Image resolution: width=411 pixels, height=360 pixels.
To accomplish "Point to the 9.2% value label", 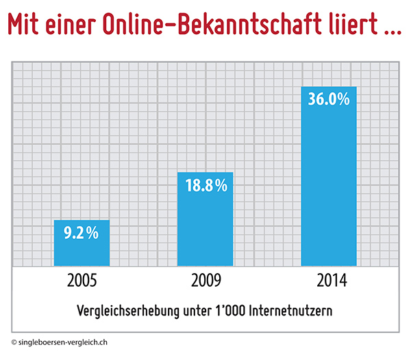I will click(82, 233).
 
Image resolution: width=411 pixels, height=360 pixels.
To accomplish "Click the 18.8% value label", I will click(205, 185).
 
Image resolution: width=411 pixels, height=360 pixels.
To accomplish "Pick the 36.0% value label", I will click(329, 99).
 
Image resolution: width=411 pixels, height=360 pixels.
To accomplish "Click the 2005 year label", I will click(82, 281).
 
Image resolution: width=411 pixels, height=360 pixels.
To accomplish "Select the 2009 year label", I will click(205, 281).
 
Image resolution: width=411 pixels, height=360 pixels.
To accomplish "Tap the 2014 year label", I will click(329, 281).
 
